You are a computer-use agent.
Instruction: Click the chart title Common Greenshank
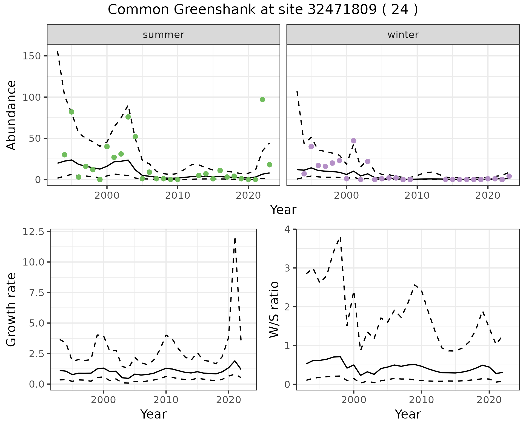coord(263,10)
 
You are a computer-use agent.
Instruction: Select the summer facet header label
coord(164,35)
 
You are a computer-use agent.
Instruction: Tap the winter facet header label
coord(403,35)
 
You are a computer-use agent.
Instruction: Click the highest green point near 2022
coord(262,100)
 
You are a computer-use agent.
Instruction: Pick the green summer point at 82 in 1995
coord(72,112)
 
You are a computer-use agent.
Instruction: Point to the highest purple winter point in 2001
coord(354,141)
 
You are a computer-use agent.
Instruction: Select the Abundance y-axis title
coord(12,115)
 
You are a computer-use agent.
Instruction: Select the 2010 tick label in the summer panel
coord(178,196)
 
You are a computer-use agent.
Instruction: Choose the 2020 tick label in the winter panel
coord(488,196)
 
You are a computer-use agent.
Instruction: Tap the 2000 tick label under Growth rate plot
coord(103,400)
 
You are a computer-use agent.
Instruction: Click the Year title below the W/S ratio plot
coord(408,414)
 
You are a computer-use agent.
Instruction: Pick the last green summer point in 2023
coord(270,165)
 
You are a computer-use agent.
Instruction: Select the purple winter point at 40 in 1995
coord(311,146)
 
